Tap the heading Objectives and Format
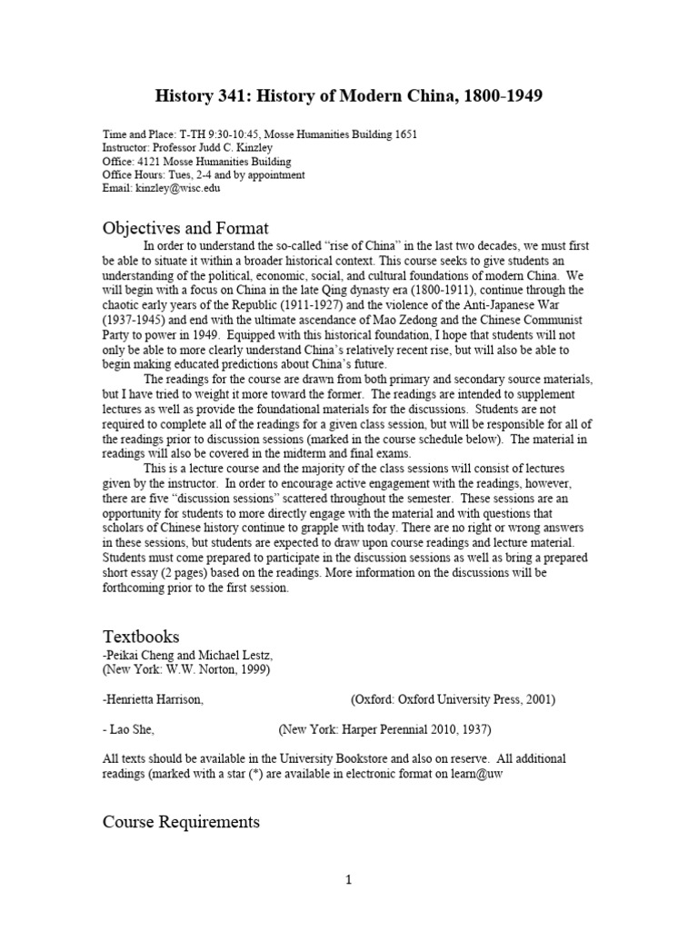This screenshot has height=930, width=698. [x=185, y=228]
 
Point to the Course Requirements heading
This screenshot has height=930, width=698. [x=181, y=822]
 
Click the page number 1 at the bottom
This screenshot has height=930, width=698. [x=349, y=879]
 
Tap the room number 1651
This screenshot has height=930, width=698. [x=400, y=135]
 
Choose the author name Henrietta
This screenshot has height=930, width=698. [x=135, y=699]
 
